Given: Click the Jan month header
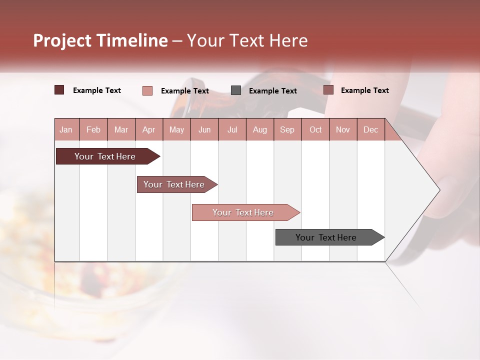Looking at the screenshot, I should coord(66,129).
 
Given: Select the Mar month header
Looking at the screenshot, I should coord(121,129).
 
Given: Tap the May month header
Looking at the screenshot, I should coord(176,129).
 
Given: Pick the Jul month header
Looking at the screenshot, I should coord(232,129).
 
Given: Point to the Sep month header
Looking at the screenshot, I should coord(287,129).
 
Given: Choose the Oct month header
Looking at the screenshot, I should coord(315,129).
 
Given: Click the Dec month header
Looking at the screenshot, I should coord(370,129).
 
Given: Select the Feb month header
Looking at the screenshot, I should coord(93,129).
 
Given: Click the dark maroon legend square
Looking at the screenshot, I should coord(59,90).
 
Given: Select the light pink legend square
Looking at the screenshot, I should coord(147,90).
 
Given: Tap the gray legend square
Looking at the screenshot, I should coord(236,90).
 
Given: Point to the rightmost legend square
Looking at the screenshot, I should coord(328,90).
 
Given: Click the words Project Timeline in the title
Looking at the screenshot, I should coord(100,40).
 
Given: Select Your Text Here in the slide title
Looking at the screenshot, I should coord(247,40).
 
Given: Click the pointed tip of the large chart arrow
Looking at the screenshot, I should coord(438,190).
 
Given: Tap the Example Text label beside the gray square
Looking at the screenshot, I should coord(272,91).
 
